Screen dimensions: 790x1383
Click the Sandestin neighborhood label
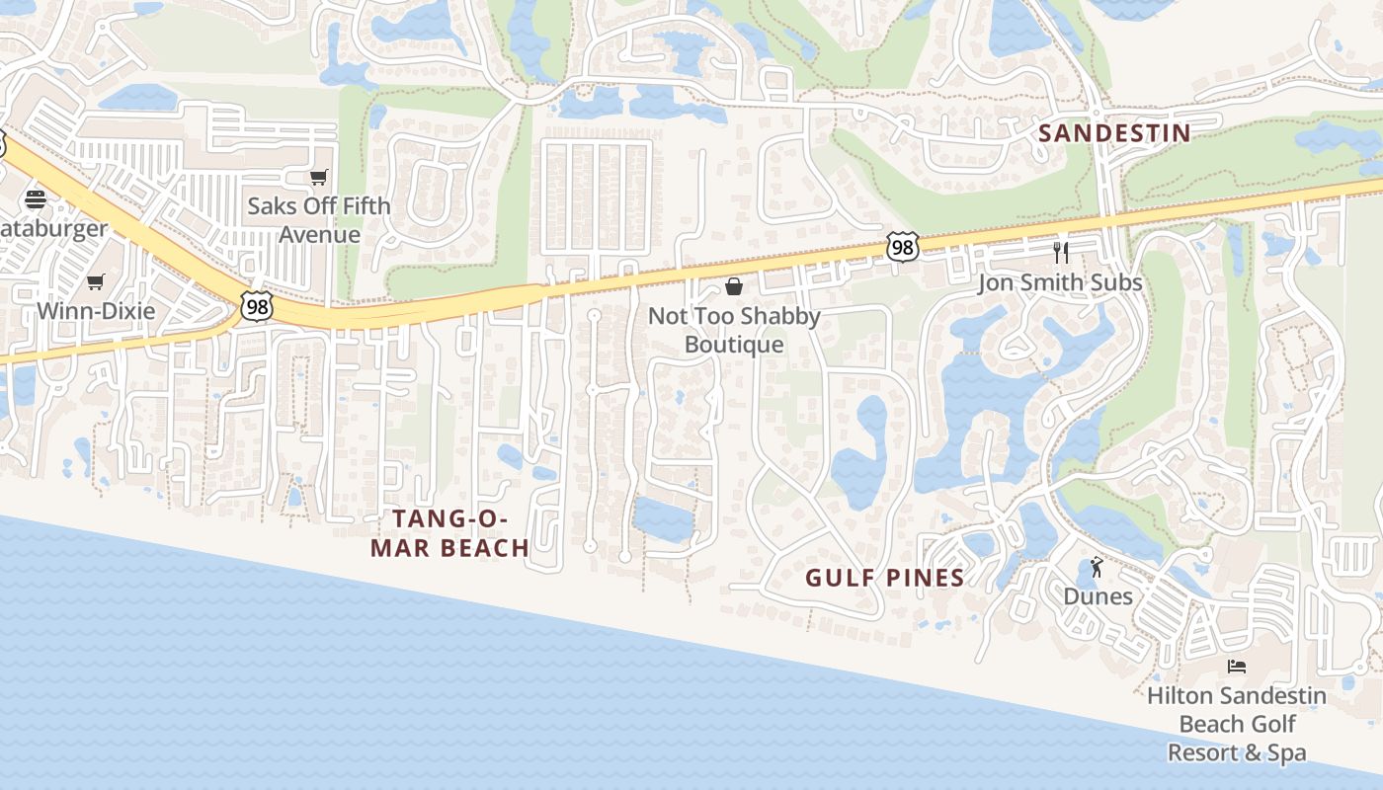(x=1114, y=133)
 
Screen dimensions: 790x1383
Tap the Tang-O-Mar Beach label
(x=449, y=533)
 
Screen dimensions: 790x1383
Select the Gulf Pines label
(x=884, y=578)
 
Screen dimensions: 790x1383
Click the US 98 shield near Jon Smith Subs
(x=902, y=247)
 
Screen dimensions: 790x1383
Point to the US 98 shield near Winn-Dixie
(x=256, y=307)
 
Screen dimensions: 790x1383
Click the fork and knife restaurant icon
(x=1061, y=253)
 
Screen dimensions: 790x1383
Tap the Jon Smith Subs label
(x=1060, y=283)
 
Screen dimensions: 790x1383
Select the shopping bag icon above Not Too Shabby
(x=734, y=286)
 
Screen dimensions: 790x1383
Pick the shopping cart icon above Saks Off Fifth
(x=318, y=178)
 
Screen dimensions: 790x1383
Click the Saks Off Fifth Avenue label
(x=319, y=220)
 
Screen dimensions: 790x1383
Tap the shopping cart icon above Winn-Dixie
(x=96, y=282)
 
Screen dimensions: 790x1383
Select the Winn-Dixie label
(x=96, y=311)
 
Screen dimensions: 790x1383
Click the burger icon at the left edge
(x=36, y=199)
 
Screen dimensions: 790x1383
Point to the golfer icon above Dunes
(x=1097, y=568)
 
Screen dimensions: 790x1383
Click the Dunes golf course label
(x=1098, y=596)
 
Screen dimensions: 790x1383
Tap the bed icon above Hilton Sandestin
(x=1237, y=667)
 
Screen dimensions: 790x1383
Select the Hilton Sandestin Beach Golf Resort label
(x=1237, y=724)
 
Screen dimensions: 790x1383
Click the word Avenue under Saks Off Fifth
(x=319, y=235)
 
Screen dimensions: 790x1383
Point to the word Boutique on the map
(x=734, y=345)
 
